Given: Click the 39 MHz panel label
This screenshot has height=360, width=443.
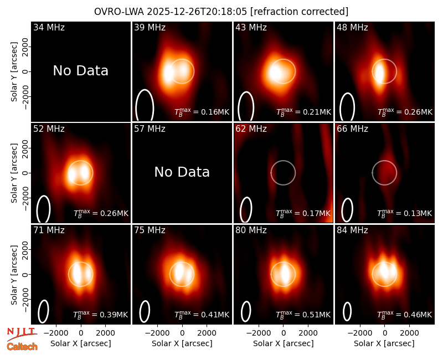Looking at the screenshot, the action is pyautogui.click(x=150, y=27).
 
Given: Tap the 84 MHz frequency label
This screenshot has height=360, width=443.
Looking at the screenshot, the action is pyautogui.click(x=352, y=230).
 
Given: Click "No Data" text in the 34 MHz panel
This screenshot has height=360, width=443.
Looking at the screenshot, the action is pyautogui.click(x=80, y=71).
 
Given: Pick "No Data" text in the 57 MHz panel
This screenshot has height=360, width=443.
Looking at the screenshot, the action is pyautogui.click(x=182, y=172).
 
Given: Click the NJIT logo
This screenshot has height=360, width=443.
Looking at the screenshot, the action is pyautogui.click(x=22, y=334).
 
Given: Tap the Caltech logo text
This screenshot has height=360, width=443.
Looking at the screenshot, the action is pyautogui.click(x=22, y=347).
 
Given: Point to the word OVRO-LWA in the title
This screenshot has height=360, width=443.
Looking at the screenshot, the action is pyautogui.click(x=119, y=12).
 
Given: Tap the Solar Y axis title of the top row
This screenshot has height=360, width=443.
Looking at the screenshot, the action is pyautogui.click(x=14, y=72).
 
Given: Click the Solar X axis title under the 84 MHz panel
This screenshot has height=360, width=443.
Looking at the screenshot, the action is pyautogui.click(x=384, y=343).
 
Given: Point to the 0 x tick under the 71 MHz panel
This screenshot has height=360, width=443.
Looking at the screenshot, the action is pyautogui.click(x=81, y=333).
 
